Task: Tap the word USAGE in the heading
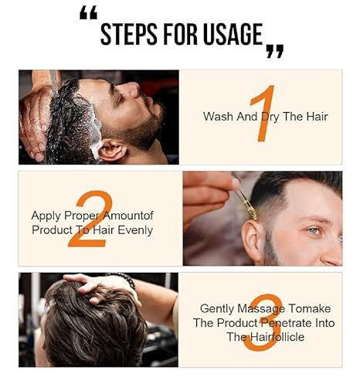229,35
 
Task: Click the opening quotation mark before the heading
89,13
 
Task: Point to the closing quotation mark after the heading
274,51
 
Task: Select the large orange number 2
91,219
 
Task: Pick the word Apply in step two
46,216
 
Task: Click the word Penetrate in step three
281,322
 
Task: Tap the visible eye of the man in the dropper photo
311,230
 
